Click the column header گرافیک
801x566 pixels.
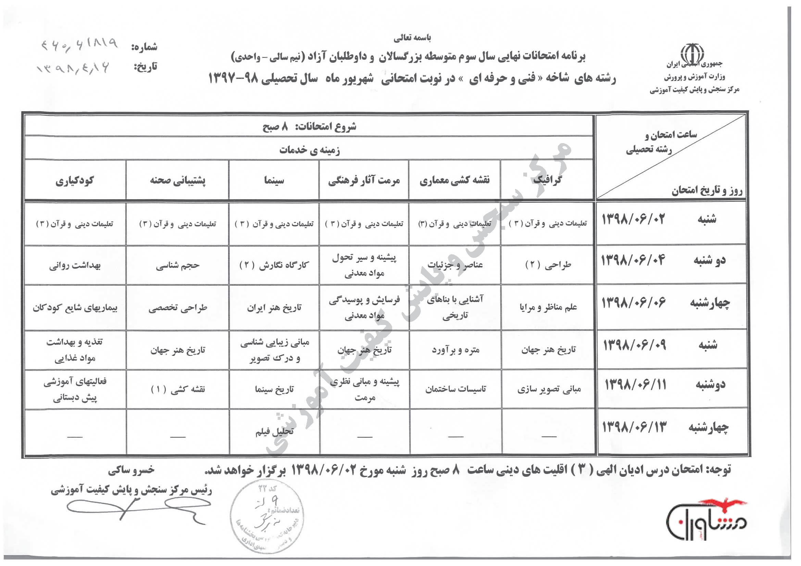[547, 180]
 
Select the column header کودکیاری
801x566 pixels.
[74, 181]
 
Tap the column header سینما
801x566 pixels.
[274, 180]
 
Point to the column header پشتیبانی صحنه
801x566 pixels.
[178, 181]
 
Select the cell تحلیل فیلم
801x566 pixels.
[274, 432]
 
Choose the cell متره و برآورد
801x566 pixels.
[455, 350]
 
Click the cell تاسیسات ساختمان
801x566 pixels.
[455, 389]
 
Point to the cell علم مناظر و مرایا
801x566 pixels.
[548, 307]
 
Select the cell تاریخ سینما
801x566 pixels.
[274, 389]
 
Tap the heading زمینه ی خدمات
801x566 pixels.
[310, 150]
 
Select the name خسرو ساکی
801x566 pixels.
[131, 470]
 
